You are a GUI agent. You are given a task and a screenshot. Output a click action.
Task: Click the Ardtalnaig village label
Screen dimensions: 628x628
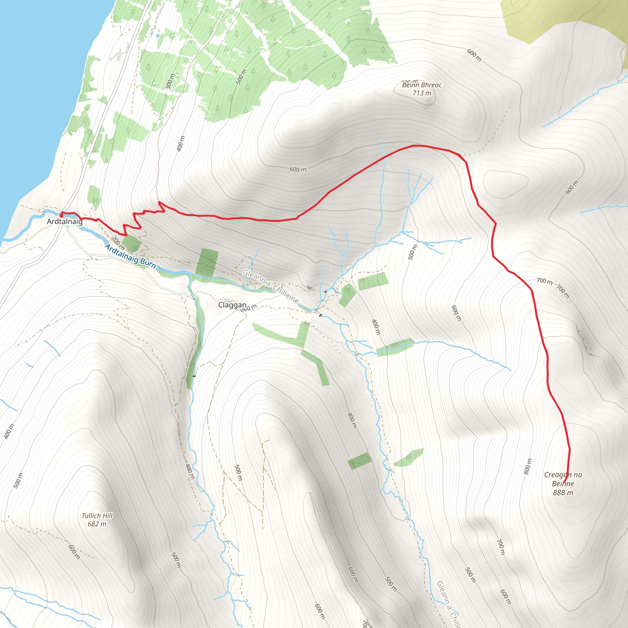pyautogui.click(x=65, y=222)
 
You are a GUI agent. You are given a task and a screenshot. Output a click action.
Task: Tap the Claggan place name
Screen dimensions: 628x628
pyautogui.click(x=232, y=305)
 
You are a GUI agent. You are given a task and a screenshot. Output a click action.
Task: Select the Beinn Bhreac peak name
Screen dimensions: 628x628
pyautogui.click(x=422, y=85)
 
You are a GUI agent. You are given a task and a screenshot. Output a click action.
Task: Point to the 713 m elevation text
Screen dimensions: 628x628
pyautogui.click(x=422, y=93)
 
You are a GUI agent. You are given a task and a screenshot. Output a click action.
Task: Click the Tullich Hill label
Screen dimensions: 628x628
pyautogui.click(x=97, y=515)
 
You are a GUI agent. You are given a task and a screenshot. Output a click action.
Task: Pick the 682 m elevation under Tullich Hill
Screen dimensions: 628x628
pyautogui.click(x=97, y=524)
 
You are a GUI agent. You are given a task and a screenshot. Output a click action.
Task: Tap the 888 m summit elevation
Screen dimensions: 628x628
pyautogui.click(x=563, y=493)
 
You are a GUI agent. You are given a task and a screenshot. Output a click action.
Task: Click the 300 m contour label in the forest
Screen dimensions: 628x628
pyautogui.click(x=170, y=81)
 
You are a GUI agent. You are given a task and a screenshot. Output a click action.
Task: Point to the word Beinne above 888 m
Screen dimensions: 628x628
pyautogui.click(x=563, y=484)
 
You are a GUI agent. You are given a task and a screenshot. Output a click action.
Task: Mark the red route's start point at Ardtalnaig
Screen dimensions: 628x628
pyautogui.click(x=61, y=215)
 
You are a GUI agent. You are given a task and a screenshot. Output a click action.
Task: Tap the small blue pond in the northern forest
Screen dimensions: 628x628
pyautogui.click(x=158, y=36)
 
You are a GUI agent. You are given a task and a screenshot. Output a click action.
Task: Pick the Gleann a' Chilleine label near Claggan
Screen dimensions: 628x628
pyautogui.click(x=270, y=286)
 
